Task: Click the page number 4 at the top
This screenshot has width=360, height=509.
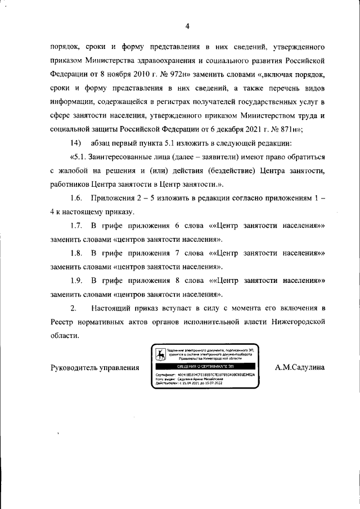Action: pos(187,25)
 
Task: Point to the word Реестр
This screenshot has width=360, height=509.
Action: pos(62,322)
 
